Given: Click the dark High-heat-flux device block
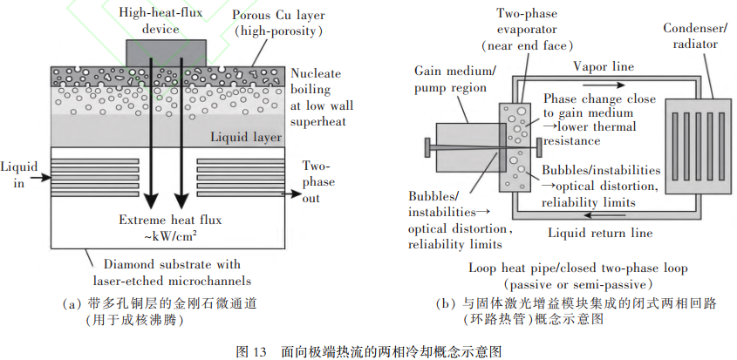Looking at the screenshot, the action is click(167, 53).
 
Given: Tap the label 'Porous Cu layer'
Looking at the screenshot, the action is click(278, 15).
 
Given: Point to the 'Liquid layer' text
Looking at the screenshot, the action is click(245, 137).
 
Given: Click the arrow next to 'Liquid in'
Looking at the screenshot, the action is click(40, 178).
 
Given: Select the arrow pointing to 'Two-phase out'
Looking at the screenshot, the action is click(291, 194).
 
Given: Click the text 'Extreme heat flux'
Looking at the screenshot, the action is click(170, 220).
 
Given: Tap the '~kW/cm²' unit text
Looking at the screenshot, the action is click(170, 235).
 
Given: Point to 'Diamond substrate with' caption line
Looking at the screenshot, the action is click(172, 265).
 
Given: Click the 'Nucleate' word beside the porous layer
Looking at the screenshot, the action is click(316, 74).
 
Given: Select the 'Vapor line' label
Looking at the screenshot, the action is click(603, 67).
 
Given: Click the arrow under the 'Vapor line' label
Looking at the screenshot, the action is click(603, 85).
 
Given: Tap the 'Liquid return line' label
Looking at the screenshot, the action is click(600, 233).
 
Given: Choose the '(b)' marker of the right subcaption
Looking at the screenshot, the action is click(445, 304).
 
